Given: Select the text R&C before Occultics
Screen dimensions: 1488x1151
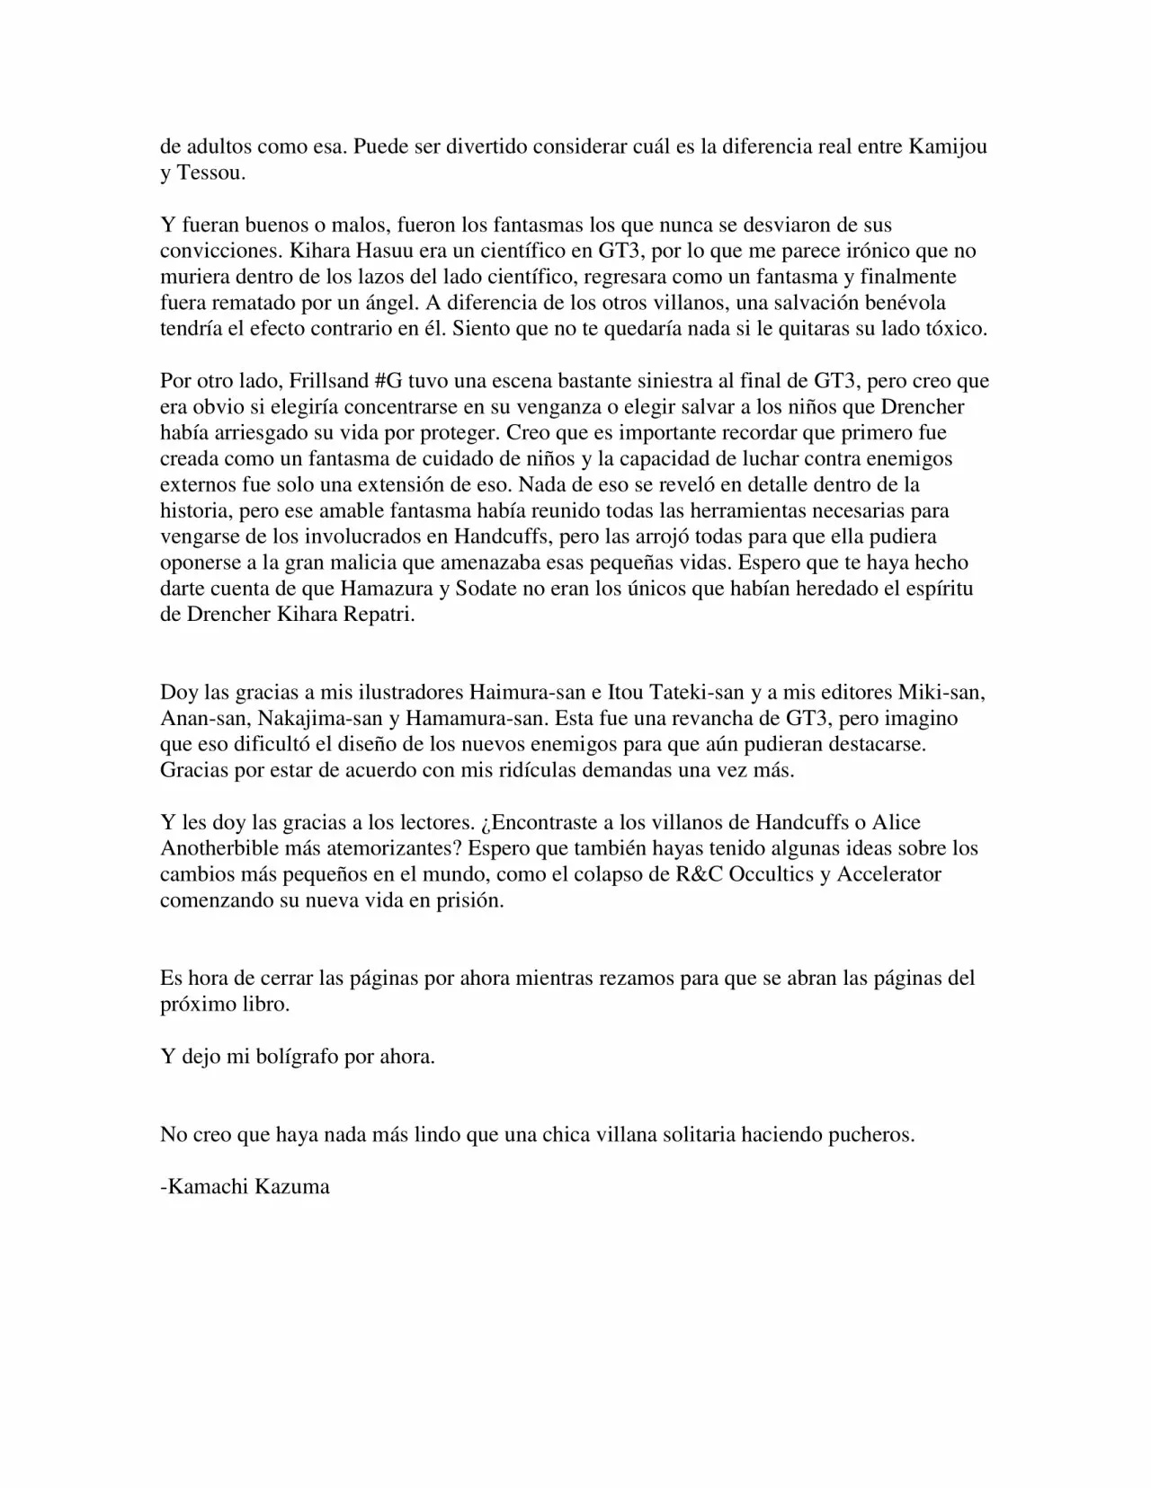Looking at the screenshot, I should coord(698,875).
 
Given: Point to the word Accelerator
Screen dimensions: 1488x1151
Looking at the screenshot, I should coord(888,875).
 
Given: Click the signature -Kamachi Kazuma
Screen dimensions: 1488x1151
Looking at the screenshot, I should coord(245,1187).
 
